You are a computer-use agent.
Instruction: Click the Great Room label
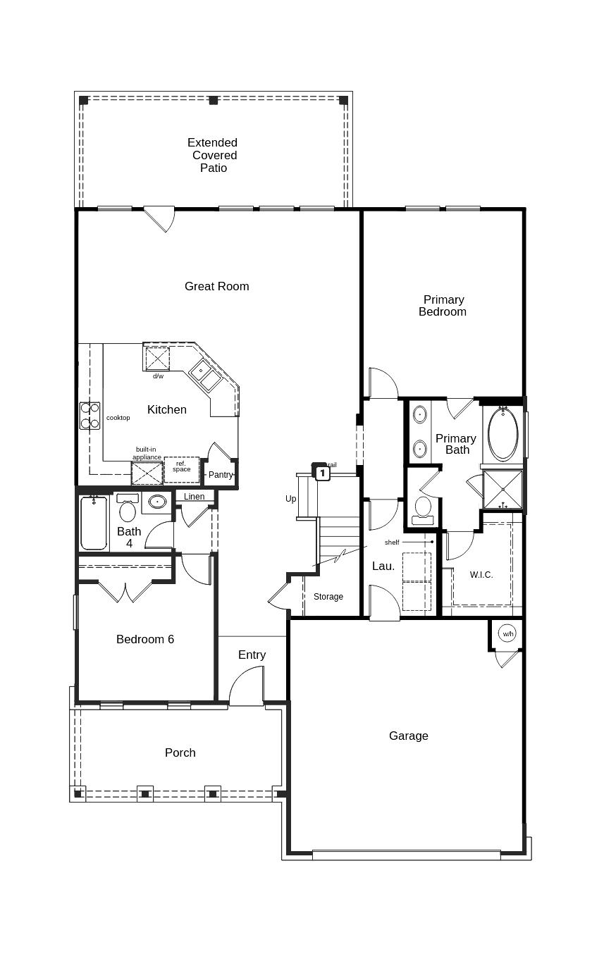[217, 286]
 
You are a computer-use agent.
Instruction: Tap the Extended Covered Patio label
[213, 155]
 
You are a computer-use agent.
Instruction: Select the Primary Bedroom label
[443, 306]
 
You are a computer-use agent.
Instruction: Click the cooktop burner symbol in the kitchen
[90, 416]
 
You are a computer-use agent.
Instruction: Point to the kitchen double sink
[205, 375]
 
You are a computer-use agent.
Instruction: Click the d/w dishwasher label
[158, 376]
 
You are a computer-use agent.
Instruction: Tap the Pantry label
[221, 475]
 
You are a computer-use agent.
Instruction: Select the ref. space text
[181, 466]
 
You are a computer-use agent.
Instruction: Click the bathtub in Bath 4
[94, 523]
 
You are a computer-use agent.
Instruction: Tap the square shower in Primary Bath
[503, 489]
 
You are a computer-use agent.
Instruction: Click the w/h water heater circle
[508, 633]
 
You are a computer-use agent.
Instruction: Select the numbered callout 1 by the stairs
[322, 473]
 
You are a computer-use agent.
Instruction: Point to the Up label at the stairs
[291, 499]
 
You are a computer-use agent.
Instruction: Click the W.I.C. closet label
[481, 574]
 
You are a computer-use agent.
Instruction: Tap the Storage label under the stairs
[328, 597]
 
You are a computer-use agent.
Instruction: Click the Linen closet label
[195, 497]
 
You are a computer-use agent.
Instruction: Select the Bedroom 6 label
[145, 639]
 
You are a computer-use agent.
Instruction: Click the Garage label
[409, 736]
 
